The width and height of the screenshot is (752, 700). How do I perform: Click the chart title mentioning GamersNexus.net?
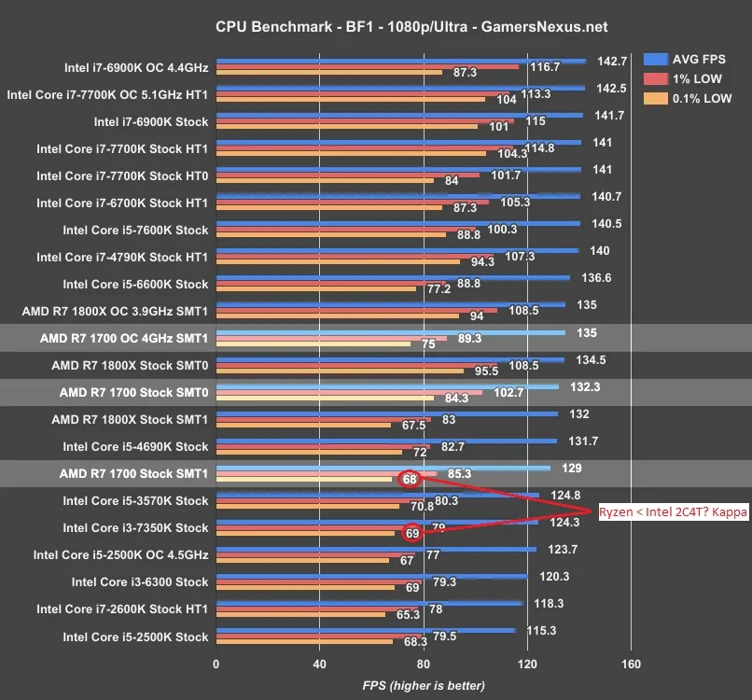[x=411, y=26]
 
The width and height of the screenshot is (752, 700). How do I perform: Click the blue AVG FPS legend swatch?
[x=656, y=59]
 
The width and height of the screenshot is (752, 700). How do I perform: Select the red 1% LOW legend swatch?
[x=656, y=78]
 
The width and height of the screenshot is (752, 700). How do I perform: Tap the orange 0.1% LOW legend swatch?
[x=656, y=98]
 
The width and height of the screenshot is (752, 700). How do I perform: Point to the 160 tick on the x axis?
[x=631, y=664]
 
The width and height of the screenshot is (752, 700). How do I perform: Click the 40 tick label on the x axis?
[x=319, y=664]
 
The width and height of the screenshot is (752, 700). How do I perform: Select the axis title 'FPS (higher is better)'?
[x=424, y=686]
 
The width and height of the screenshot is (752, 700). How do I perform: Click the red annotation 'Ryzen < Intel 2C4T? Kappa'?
[x=673, y=511]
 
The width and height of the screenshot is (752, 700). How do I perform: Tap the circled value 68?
[x=410, y=480]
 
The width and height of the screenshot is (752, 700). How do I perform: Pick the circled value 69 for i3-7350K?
[x=412, y=533]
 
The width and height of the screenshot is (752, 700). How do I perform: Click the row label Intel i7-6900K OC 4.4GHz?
[x=136, y=67]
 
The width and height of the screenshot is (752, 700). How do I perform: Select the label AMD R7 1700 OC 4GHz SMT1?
[x=124, y=338]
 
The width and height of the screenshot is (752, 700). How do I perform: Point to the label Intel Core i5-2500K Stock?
[x=135, y=637]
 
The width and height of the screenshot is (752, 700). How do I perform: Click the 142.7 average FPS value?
[x=612, y=62]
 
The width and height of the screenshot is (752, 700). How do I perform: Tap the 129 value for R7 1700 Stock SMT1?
[x=572, y=468]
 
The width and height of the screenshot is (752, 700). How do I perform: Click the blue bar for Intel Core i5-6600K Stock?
[x=394, y=278]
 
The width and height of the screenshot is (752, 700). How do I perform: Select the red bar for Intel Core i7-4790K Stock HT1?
[x=355, y=257]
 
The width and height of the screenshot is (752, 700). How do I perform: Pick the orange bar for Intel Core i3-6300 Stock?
[x=305, y=587]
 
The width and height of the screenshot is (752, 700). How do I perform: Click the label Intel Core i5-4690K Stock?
[x=135, y=447]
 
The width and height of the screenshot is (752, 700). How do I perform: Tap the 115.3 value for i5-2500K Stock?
[x=541, y=630]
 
